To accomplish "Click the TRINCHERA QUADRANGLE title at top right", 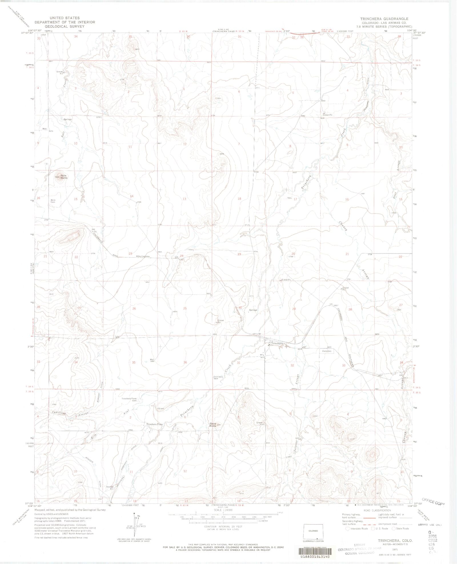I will pos(384,19).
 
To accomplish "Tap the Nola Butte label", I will pos(64,176).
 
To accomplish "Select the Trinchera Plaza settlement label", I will pos(155,424).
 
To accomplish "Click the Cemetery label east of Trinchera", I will pos(327,351).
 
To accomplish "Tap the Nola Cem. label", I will pos(53,201).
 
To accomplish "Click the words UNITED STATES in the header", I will pos(65,18).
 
